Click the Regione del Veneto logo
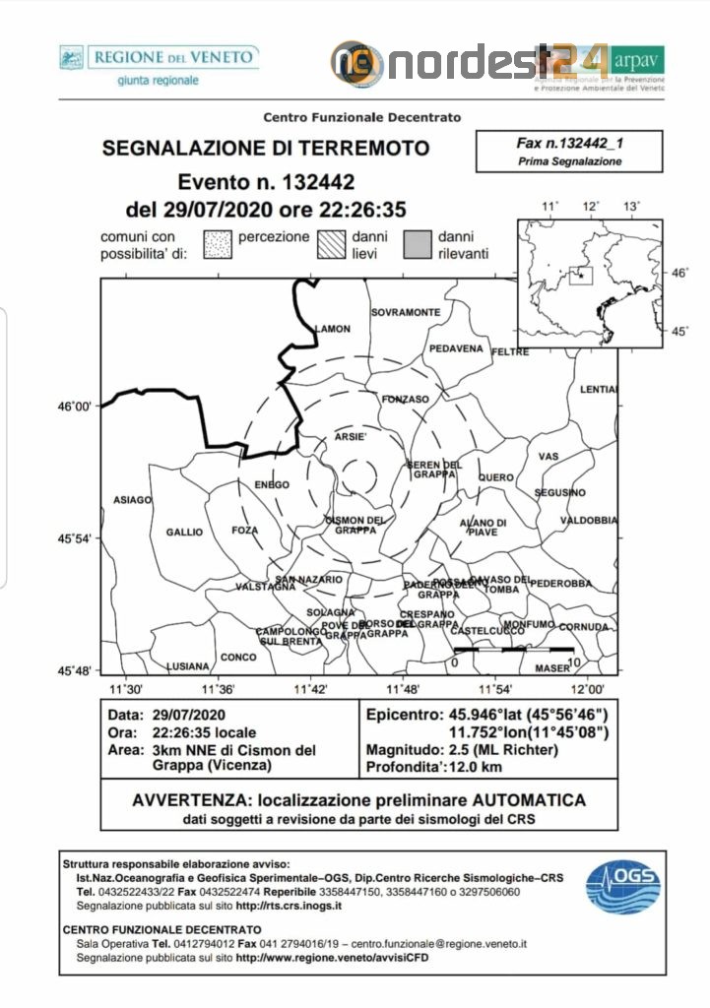[158, 64]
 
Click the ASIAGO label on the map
[133, 499]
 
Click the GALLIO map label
[184, 532]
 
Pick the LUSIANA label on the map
[188, 665]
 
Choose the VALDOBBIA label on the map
[589, 520]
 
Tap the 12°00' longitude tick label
[590, 689]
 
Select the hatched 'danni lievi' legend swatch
[332, 245]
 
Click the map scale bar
[513, 650]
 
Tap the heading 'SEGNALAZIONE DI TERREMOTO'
[266, 149]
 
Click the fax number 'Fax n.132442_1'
[570, 143]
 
